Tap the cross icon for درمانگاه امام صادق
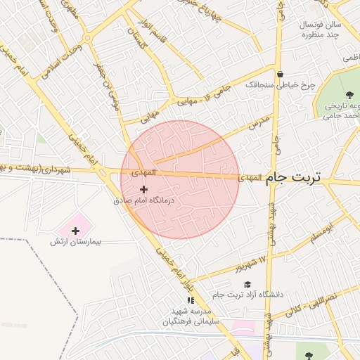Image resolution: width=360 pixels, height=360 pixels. (144, 189)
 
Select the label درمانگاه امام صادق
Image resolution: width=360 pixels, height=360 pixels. (143, 200)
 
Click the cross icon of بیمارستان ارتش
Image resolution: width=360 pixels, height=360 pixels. (76, 231)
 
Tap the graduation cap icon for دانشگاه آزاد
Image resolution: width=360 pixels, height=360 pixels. (247, 284)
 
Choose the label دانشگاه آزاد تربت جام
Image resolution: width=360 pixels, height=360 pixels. (251, 295)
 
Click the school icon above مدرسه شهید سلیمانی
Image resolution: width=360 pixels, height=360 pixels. (191, 300)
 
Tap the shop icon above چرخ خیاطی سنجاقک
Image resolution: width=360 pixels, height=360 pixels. (280, 74)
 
